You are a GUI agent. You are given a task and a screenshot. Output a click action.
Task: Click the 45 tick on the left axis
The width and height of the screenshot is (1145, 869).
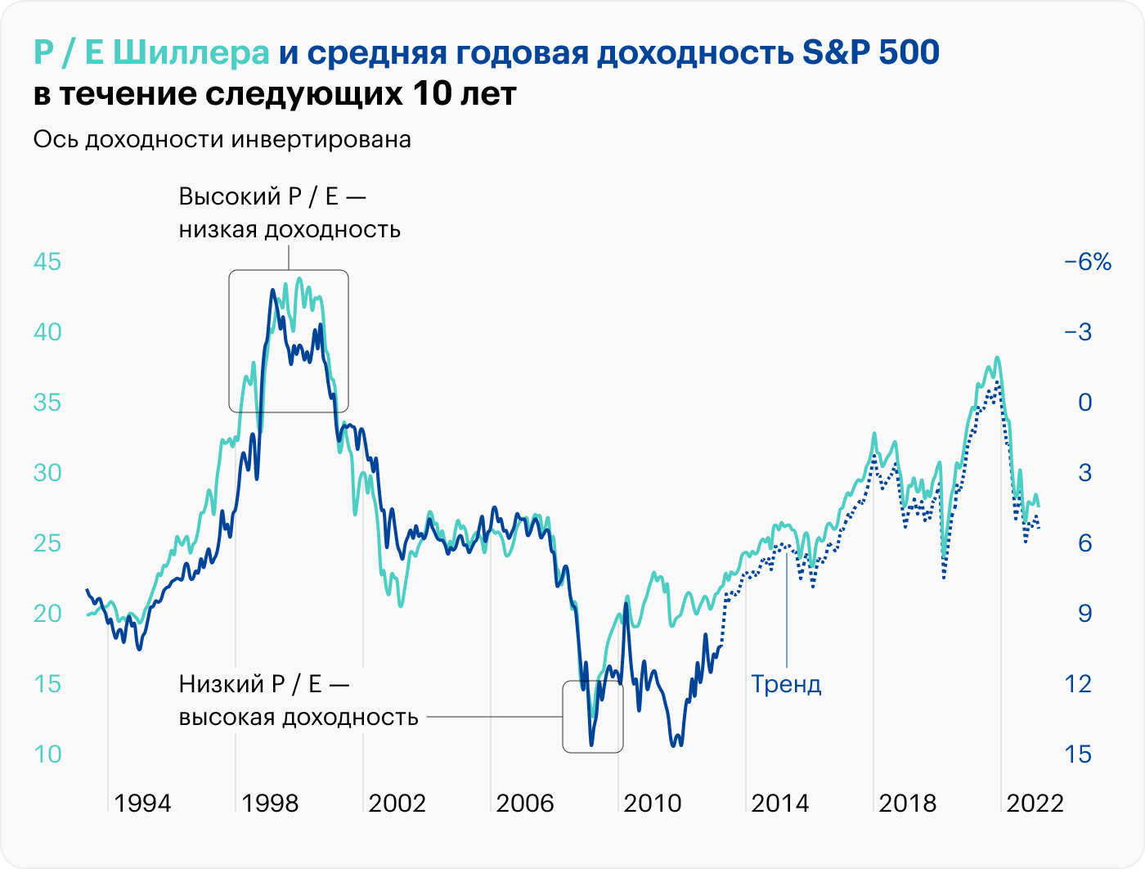[x=47, y=262]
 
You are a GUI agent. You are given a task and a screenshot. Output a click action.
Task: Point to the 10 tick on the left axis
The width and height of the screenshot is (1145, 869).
[x=47, y=754]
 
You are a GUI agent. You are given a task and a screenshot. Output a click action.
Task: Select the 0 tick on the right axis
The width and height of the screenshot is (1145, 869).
[x=1084, y=403]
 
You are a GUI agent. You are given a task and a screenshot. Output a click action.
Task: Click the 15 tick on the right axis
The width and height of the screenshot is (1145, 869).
[x=1078, y=754]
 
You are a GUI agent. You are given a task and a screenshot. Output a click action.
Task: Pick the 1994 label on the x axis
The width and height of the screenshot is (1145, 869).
[x=142, y=803]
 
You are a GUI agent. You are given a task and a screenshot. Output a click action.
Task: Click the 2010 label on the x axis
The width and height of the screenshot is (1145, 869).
[x=653, y=803]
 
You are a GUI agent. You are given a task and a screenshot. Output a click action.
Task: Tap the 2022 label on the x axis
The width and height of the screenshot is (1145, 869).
[x=1035, y=803]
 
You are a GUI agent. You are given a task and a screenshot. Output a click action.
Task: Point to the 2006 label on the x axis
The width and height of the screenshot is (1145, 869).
[x=525, y=803]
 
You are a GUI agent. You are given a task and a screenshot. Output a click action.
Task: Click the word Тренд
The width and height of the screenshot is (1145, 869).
[x=786, y=684]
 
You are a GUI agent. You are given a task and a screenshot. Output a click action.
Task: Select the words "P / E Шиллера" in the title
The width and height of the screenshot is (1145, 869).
[x=151, y=53]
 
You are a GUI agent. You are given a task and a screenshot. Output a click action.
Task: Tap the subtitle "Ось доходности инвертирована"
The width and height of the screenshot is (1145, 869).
[x=222, y=140]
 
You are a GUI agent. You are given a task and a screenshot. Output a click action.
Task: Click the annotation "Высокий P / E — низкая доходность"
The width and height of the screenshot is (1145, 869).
[x=290, y=213]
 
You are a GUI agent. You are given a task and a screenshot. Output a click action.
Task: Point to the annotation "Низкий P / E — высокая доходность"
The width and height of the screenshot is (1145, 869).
[x=298, y=700]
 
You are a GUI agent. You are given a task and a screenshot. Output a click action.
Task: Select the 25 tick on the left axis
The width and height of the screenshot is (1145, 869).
[x=47, y=543]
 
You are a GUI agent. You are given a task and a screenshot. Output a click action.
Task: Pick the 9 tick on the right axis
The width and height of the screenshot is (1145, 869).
[x=1084, y=613]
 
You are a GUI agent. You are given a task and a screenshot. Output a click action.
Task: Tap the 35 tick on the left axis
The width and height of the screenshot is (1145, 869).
[x=47, y=403]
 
